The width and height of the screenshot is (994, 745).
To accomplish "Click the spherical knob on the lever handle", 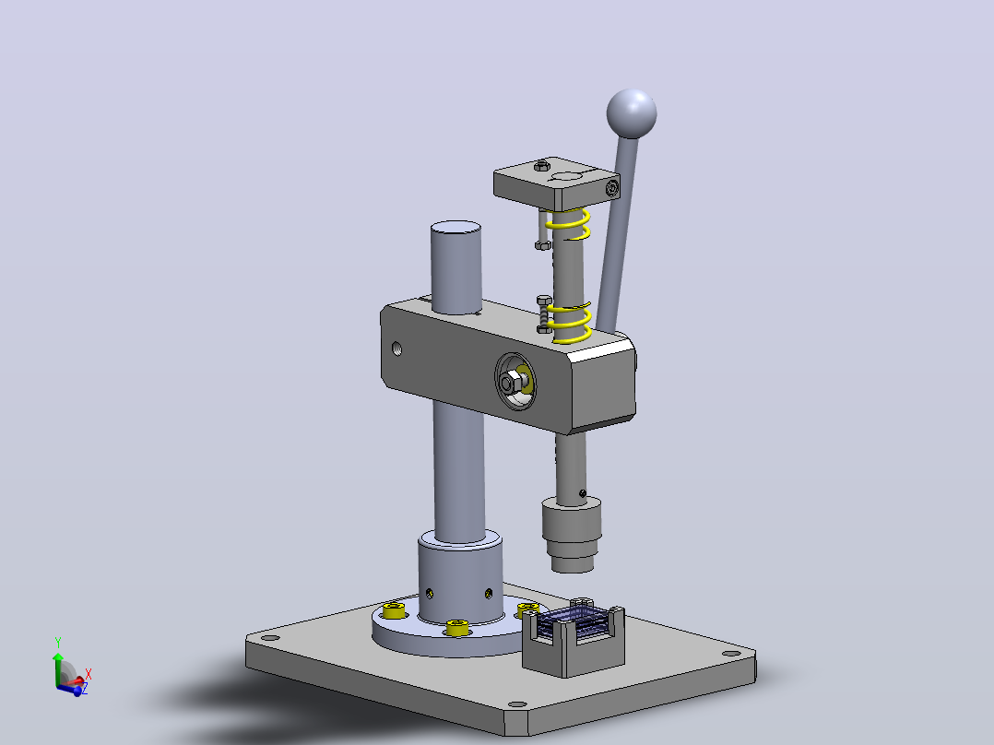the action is (x=632, y=114).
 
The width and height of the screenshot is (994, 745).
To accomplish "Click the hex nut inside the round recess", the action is (x=510, y=383).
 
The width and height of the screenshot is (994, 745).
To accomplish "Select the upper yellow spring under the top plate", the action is (x=569, y=224).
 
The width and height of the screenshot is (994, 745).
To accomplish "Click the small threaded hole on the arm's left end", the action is (x=396, y=349).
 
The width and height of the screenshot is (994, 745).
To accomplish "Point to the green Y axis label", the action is (x=58, y=643).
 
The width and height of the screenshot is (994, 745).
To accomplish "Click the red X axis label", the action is (x=89, y=674).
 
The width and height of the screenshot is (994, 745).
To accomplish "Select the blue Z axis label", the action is (x=85, y=689).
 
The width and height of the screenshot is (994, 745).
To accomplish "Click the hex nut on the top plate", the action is (x=541, y=166).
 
